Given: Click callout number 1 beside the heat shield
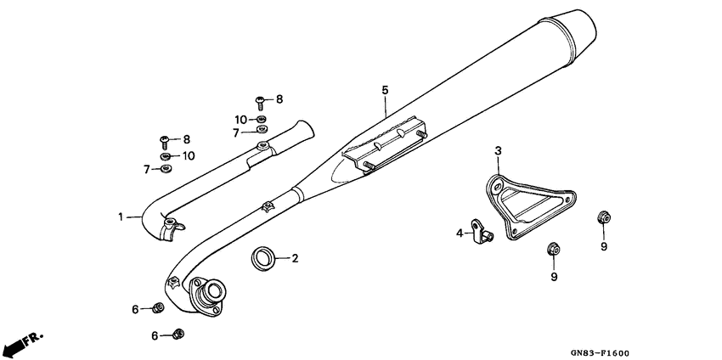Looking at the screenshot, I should pyautogui.click(x=121, y=217).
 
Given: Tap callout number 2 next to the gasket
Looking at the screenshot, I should pyautogui.click(x=296, y=257).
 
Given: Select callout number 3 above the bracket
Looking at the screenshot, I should pyautogui.click(x=499, y=151).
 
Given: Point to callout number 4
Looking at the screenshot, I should pyautogui.click(x=459, y=233).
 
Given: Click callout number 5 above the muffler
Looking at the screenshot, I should pyautogui.click(x=384, y=90).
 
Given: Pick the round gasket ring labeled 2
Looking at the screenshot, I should pyautogui.click(x=264, y=257).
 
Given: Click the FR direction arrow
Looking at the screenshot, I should pyautogui.click(x=23, y=343).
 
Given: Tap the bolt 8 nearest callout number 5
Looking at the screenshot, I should pyautogui.click(x=262, y=101).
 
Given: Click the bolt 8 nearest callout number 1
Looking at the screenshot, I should pyautogui.click(x=165, y=139).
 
